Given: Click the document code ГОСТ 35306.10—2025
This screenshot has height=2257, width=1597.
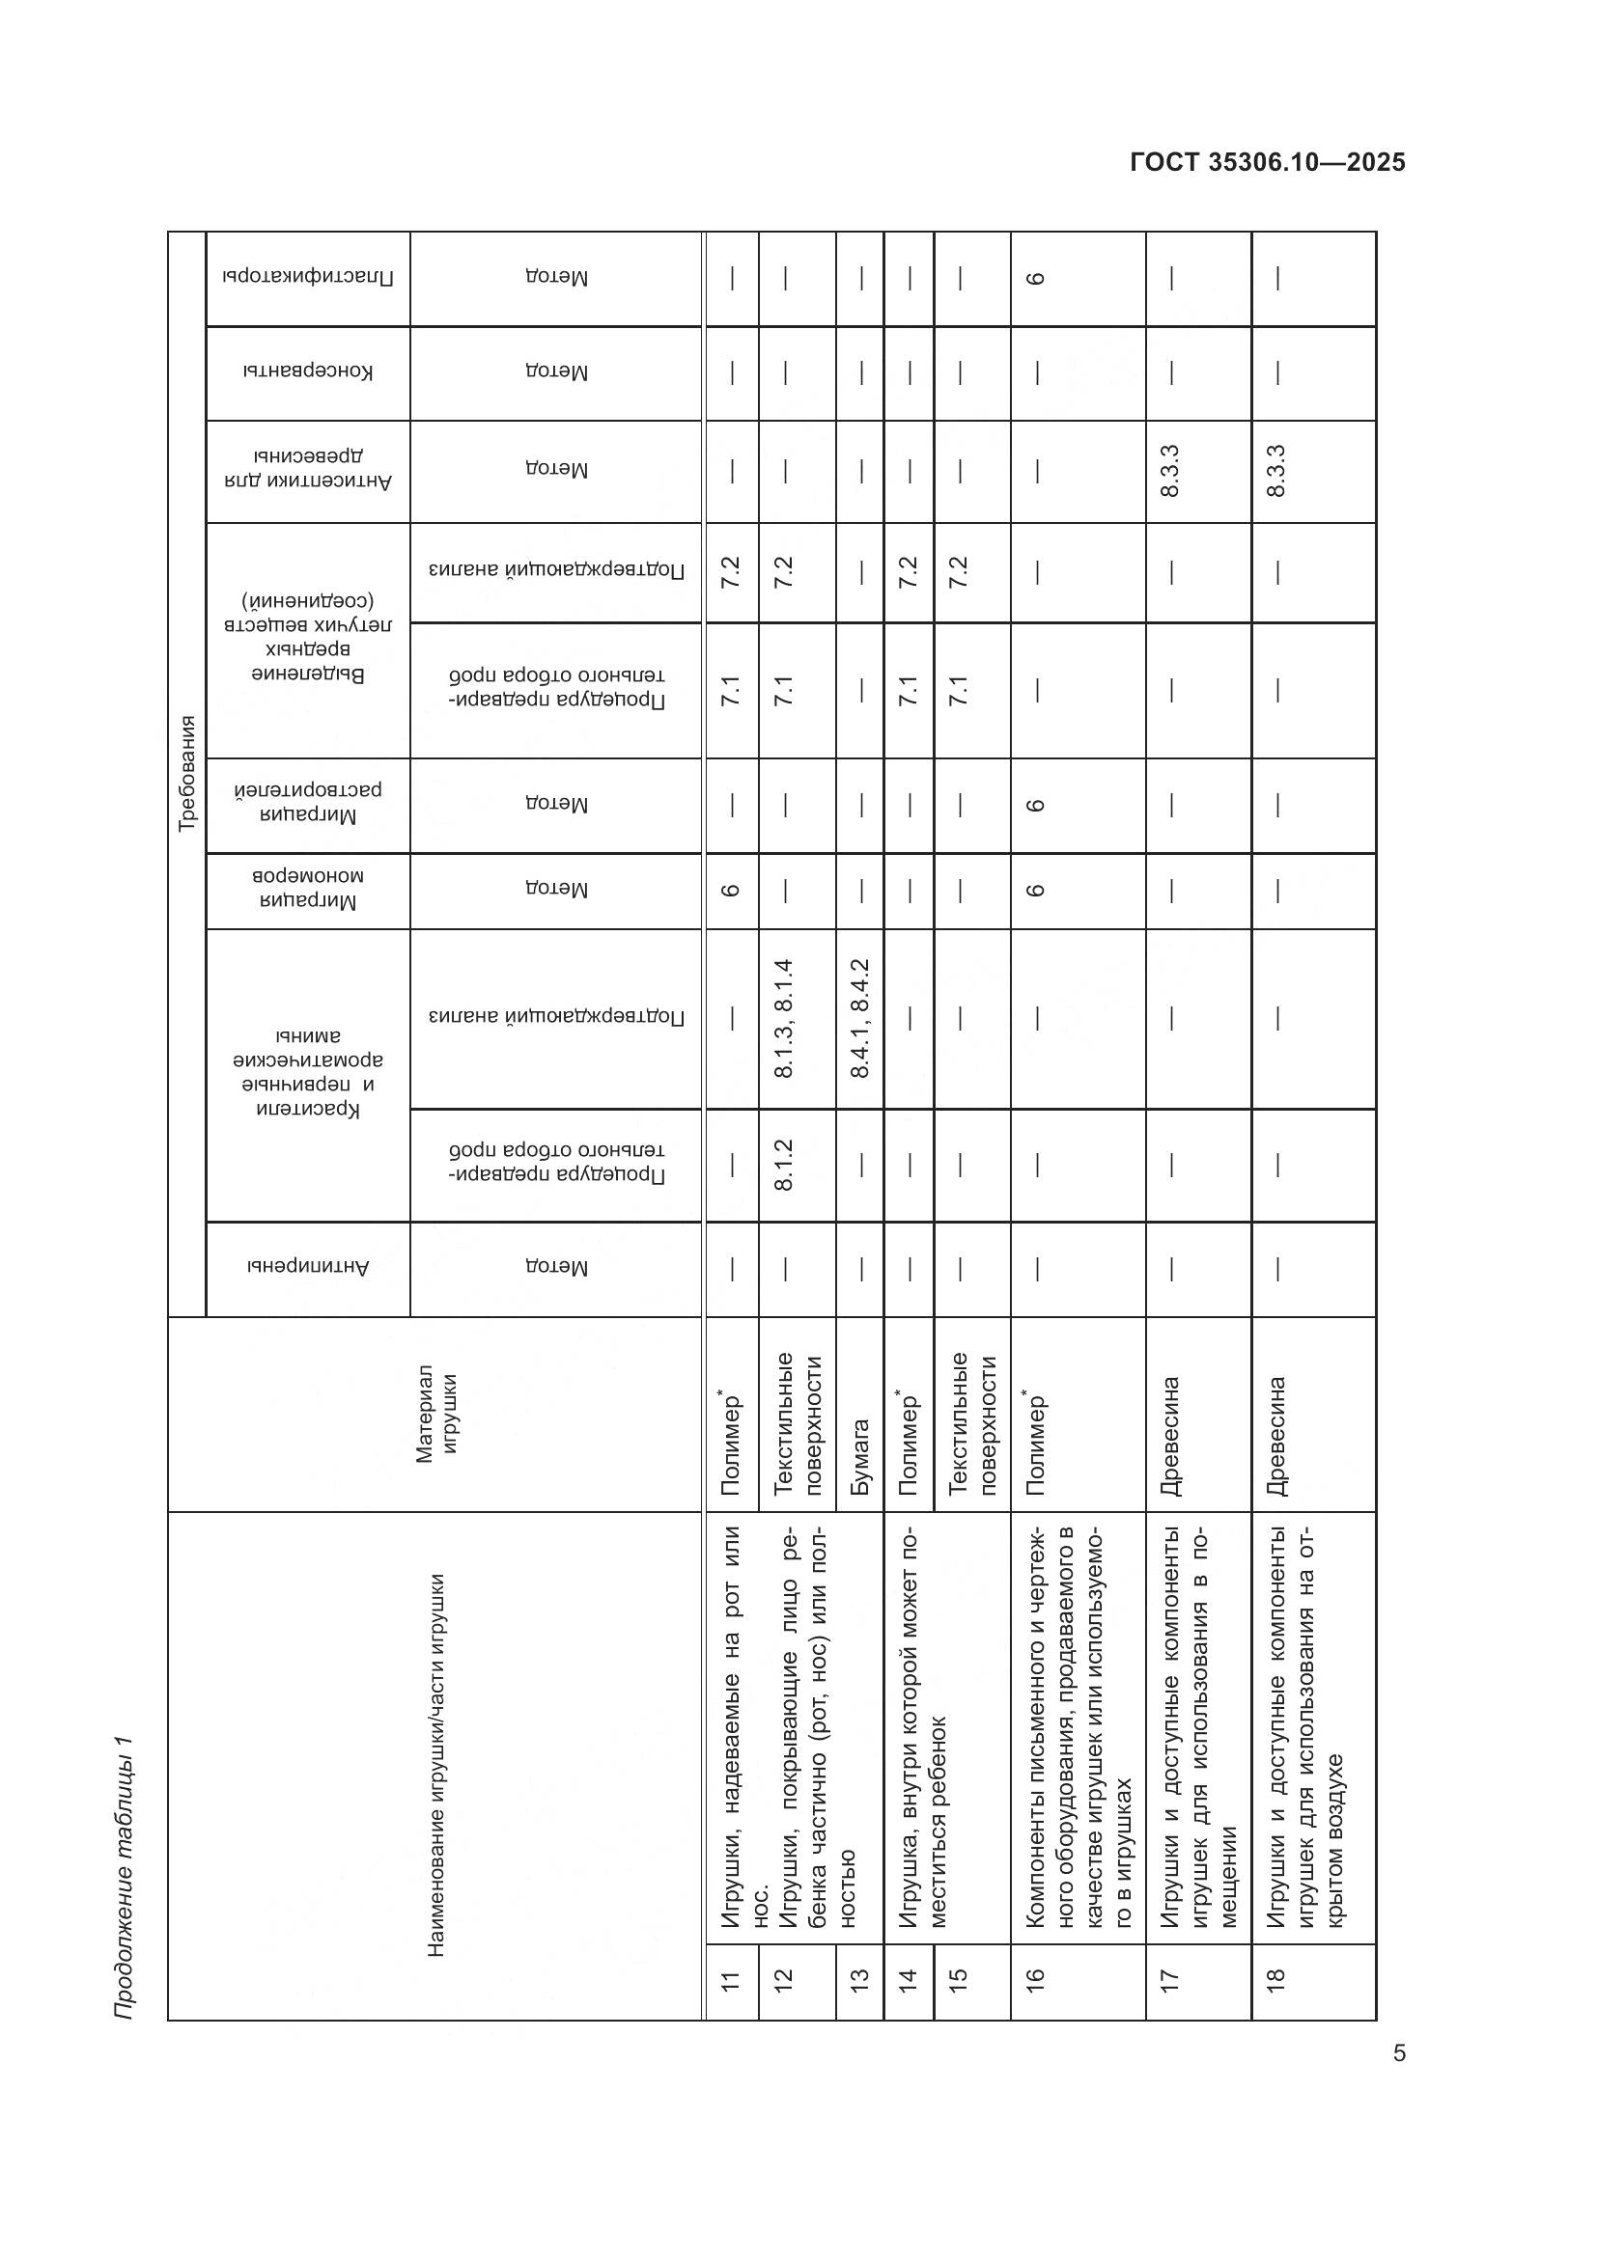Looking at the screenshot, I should tap(1268, 162).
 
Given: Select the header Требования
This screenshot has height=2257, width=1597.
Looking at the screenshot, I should tap(187, 774).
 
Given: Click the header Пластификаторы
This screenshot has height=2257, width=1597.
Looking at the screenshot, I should tap(308, 278).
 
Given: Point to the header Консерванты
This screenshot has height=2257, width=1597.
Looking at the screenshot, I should tap(308, 372).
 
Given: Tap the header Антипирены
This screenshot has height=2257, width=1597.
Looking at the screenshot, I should tap(308, 1268).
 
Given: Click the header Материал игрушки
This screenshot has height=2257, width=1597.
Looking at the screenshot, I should tap(435, 1414).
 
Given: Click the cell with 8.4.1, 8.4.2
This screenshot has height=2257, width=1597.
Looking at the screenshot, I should tap(859, 1018).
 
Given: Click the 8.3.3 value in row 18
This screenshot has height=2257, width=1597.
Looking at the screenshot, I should tap(1276, 471).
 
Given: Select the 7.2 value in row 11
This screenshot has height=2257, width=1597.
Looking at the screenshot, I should tap(731, 572).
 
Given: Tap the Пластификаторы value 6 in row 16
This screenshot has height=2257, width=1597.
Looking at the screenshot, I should tap(1035, 278).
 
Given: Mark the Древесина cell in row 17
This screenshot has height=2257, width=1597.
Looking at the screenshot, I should tap(1170, 1435).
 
